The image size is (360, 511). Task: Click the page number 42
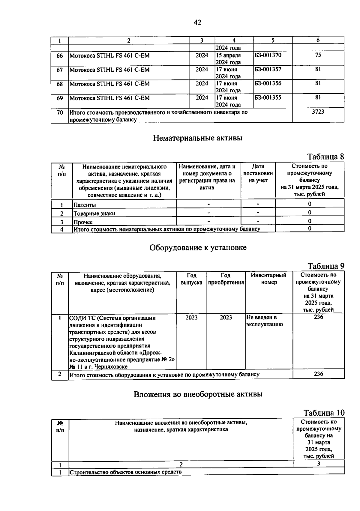tap(197, 22)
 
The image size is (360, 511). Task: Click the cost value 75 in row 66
tap(318, 55)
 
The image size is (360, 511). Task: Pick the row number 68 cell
tap(60, 84)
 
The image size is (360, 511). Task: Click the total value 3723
tap(318, 112)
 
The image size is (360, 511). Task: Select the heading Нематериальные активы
tap(198, 138)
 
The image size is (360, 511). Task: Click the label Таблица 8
tap(325, 157)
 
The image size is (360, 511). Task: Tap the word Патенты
tap(85, 205)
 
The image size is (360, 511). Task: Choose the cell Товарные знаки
tap(94, 214)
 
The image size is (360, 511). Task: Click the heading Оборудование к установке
tap(198, 248)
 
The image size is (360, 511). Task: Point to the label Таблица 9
tap(326, 266)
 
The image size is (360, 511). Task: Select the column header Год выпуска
tap(191, 279)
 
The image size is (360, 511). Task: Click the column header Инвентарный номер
tap(269, 279)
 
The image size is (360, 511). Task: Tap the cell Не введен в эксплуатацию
tap(264, 321)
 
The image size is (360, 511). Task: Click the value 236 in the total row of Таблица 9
tap(318, 374)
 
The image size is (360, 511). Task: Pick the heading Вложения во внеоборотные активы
tap(198, 394)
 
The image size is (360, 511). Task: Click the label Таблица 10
tap(324, 413)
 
